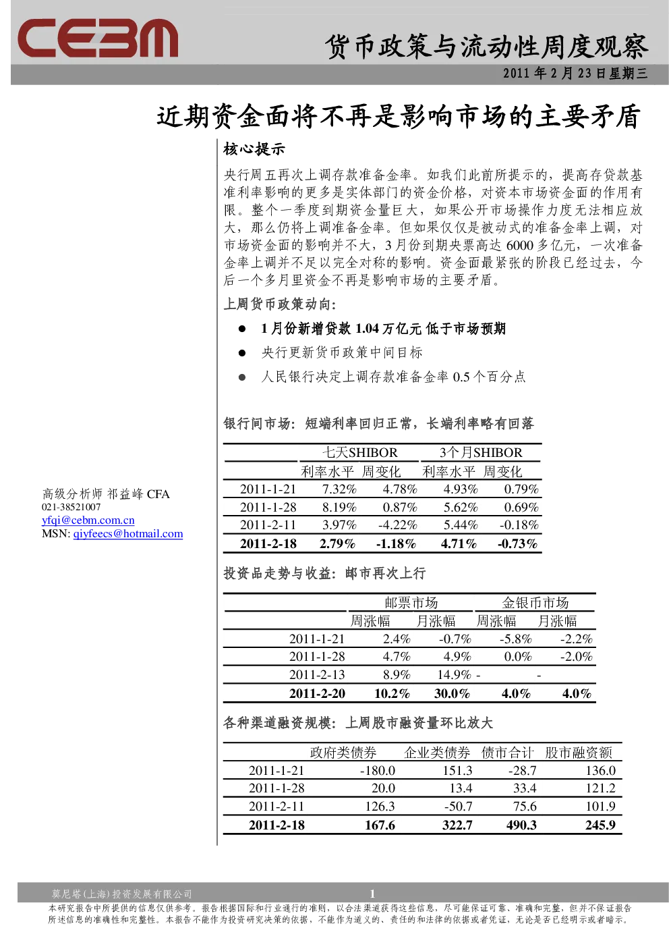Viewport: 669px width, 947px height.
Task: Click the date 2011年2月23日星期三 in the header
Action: coord(575,74)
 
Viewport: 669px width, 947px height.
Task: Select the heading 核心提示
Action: coord(254,149)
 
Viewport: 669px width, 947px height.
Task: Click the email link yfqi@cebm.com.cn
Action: coord(88,520)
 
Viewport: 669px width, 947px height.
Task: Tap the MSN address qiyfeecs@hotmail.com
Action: coord(128,533)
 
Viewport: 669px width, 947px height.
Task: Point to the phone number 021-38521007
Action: coord(71,507)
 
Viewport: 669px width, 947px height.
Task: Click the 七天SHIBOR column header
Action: coord(360,452)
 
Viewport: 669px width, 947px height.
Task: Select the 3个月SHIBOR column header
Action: coord(481,452)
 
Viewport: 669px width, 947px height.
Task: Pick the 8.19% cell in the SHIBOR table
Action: coord(339,507)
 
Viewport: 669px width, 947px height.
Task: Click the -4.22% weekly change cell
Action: coord(397,525)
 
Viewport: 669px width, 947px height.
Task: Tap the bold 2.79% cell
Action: coord(337,543)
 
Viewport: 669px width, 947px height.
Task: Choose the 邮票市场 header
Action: coord(411,603)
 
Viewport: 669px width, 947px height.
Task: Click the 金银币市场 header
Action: coord(535,603)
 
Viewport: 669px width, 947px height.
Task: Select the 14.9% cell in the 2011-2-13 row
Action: coord(454,675)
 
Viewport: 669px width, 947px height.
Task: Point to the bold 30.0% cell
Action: coord(452,693)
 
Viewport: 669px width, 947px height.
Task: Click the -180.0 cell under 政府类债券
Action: coord(378,771)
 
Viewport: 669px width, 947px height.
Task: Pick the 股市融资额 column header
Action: coord(579,753)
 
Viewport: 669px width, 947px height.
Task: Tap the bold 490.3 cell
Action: coord(521,825)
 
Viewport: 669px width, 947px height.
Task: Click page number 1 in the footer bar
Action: coord(372,894)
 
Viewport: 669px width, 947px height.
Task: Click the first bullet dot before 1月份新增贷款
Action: coord(242,329)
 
